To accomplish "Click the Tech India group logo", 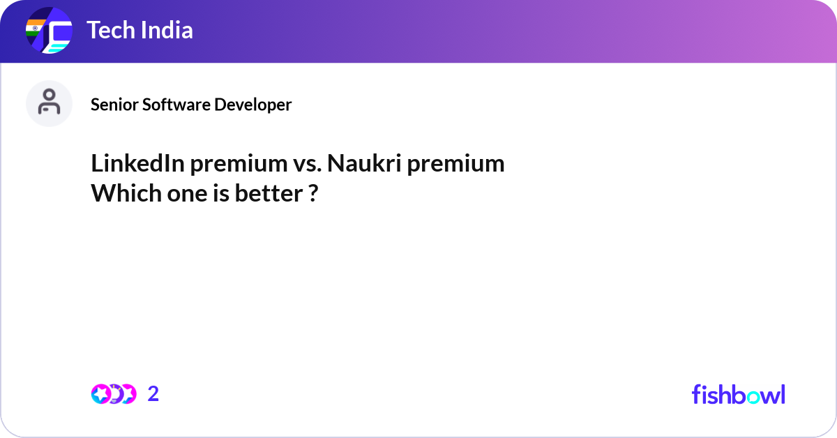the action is click(49, 30).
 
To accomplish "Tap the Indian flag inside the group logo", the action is click(35, 28).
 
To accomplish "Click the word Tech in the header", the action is click(111, 30).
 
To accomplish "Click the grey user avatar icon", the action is click(49, 103).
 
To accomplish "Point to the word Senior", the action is click(114, 105).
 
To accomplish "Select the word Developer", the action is click(253, 105).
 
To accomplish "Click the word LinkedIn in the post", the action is click(138, 163).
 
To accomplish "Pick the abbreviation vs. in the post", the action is click(307, 165).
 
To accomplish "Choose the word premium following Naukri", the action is click(456, 165).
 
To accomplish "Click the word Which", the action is click(126, 193).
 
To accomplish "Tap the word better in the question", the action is click(269, 193).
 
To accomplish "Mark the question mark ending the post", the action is click(314, 193).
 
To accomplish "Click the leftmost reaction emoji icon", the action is click(101, 394).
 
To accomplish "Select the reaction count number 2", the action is click(153, 394).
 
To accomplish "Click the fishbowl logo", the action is click(739, 394).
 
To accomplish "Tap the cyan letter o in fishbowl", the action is click(753, 398).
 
